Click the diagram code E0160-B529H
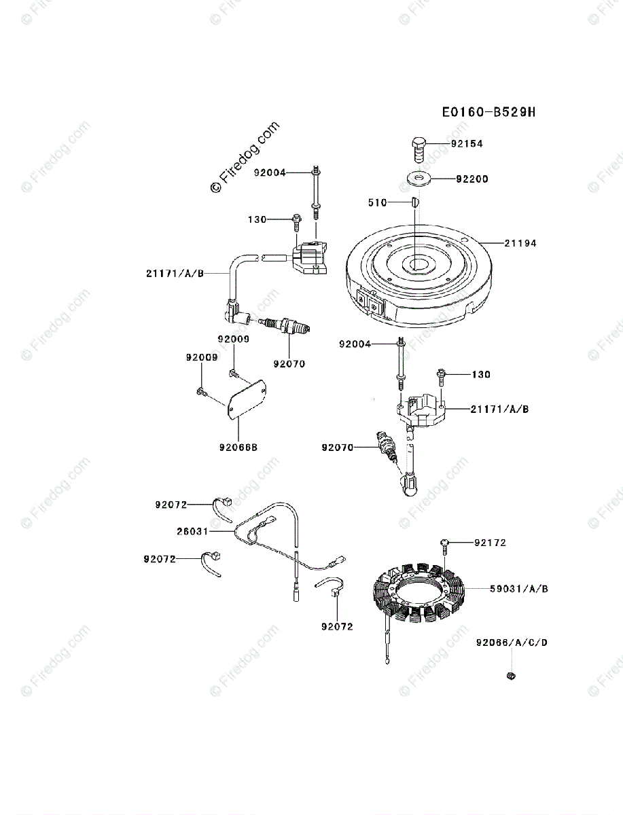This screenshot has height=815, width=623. click(488, 112)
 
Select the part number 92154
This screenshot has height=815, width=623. click(469, 144)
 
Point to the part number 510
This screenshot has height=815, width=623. click(377, 202)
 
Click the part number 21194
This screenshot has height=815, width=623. click(520, 243)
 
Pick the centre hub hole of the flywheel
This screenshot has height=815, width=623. click(416, 264)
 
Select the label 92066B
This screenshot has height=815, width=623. click(238, 447)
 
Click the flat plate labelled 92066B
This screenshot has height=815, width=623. click(246, 400)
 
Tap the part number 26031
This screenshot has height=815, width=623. click(193, 531)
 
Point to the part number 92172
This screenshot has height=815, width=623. click(490, 543)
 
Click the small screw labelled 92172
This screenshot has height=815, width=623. click(443, 542)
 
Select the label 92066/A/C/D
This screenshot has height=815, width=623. click(512, 642)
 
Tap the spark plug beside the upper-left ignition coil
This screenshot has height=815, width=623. click(288, 327)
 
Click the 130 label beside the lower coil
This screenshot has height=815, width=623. click(481, 374)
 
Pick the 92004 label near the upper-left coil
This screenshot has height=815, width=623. click(270, 173)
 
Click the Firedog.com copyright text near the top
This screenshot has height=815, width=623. click(245, 158)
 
